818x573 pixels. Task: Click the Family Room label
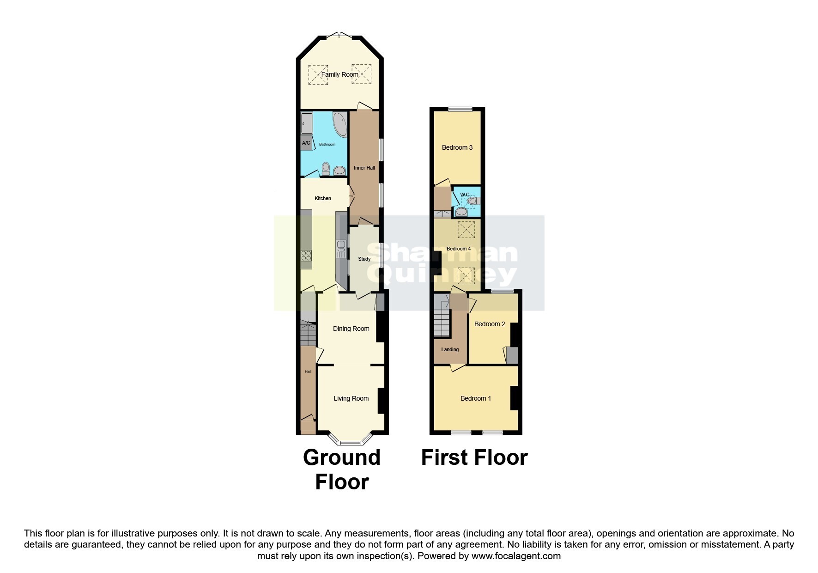click(340, 74)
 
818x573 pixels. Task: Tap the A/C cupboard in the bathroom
click(306, 143)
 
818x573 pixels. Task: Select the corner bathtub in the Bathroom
click(341, 124)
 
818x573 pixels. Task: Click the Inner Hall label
click(364, 168)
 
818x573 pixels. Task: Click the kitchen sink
click(341, 250)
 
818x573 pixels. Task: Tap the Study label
click(364, 259)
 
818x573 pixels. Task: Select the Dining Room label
click(351, 329)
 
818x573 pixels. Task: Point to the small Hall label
click(308, 372)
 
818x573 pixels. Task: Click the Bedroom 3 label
click(457, 147)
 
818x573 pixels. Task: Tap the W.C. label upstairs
click(465, 194)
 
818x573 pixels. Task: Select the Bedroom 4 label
click(458, 249)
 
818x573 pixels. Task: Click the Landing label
click(450, 349)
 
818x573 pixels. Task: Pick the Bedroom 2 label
click(490, 324)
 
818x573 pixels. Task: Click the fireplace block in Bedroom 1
click(513, 398)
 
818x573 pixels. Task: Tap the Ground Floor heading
click(342, 469)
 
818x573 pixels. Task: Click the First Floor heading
click(474, 457)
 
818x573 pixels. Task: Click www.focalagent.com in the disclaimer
click(516, 556)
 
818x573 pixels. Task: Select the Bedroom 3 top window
click(460, 110)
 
